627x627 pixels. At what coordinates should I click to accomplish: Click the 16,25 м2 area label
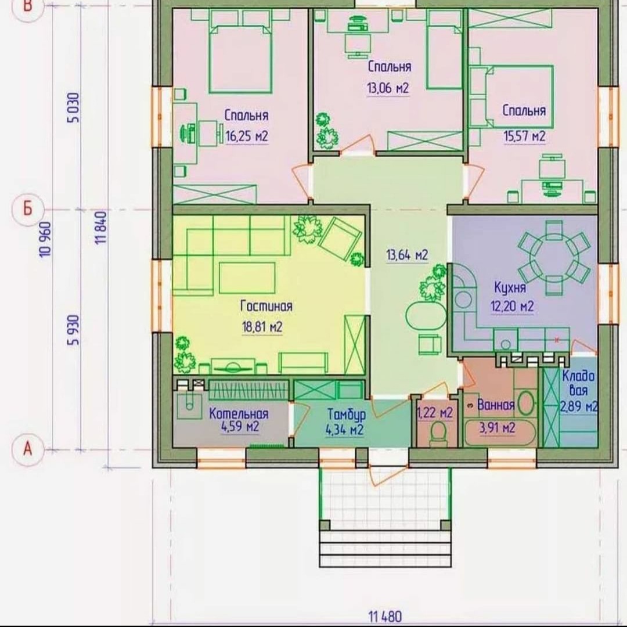(247, 136)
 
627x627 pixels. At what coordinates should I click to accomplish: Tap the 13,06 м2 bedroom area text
(388, 88)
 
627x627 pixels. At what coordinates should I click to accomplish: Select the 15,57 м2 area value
(524, 136)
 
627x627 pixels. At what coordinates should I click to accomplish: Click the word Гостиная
(266, 307)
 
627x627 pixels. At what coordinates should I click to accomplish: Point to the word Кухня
(510, 287)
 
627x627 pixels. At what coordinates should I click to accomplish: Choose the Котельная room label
(239, 413)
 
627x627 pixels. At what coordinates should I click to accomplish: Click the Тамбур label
(346, 415)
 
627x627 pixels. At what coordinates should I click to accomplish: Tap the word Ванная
(496, 405)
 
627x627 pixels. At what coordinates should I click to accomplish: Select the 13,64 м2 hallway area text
(407, 255)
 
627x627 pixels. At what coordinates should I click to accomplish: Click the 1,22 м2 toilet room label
(435, 412)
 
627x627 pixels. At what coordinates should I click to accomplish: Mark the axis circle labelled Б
(28, 209)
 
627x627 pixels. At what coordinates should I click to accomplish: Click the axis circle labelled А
(28, 449)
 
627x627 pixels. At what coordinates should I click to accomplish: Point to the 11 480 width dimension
(385, 616)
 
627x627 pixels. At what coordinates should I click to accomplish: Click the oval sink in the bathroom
(527, 403)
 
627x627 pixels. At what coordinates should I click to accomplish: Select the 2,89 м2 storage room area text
(579, 407)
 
